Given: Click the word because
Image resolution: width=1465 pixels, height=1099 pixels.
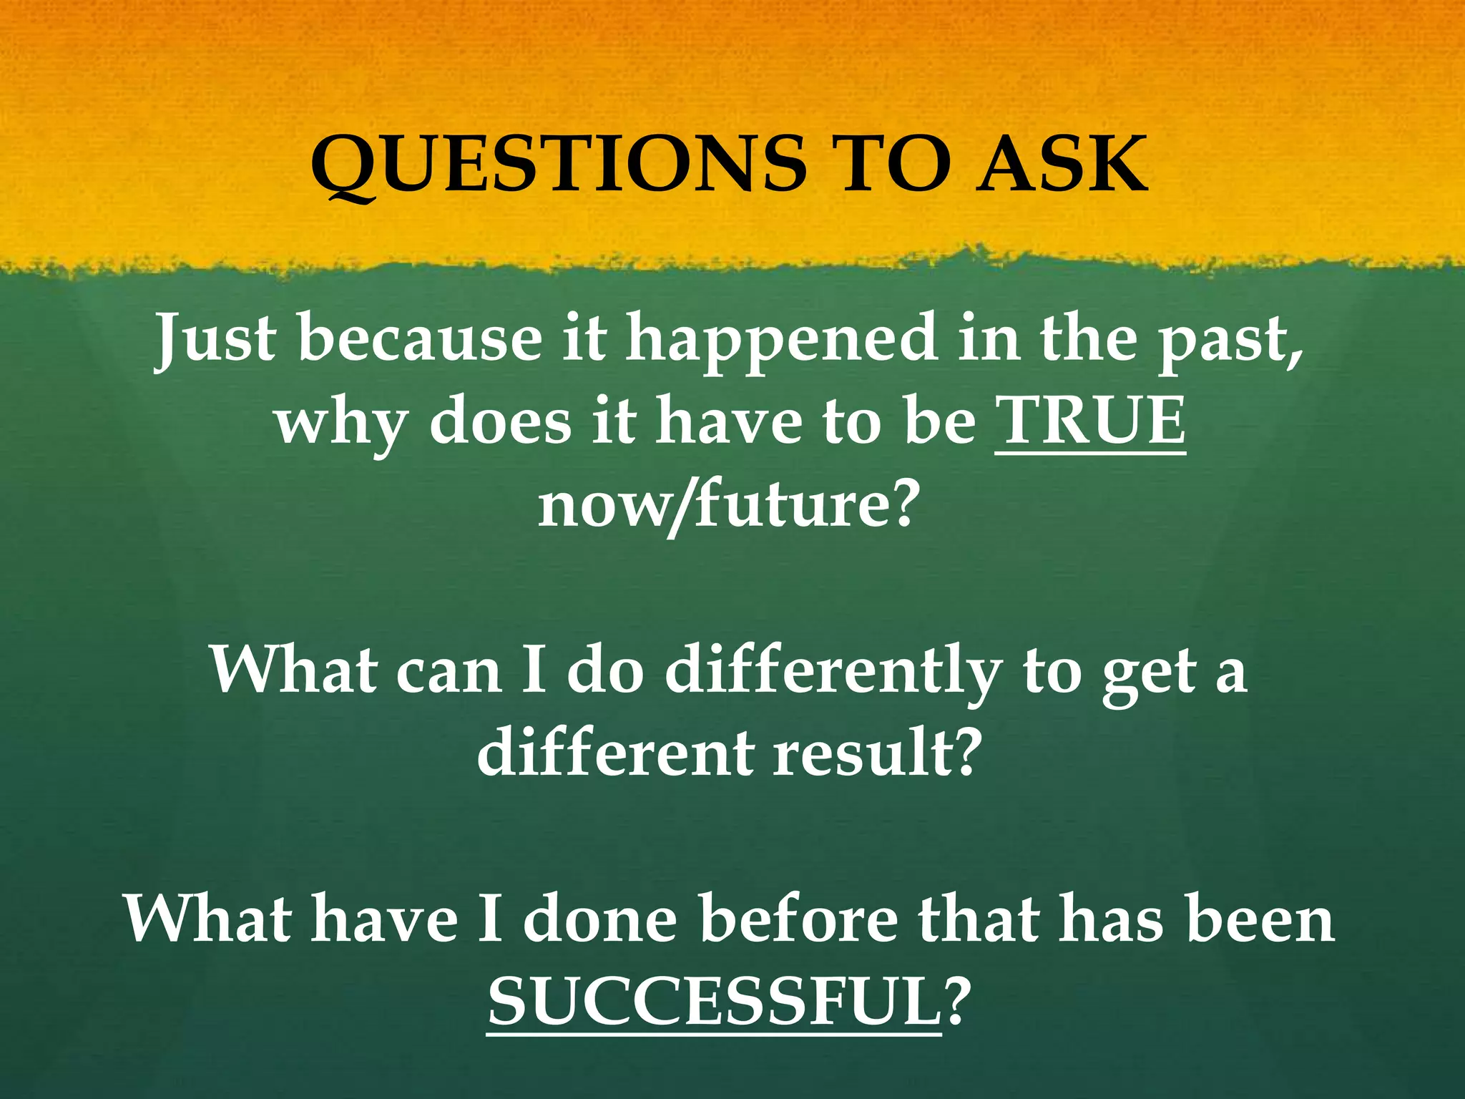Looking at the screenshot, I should (x=420, y=338).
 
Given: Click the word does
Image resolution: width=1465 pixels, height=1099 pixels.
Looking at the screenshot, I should (x=500, y=421).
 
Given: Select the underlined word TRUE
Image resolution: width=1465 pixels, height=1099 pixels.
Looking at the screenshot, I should (x=1089, y=421).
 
